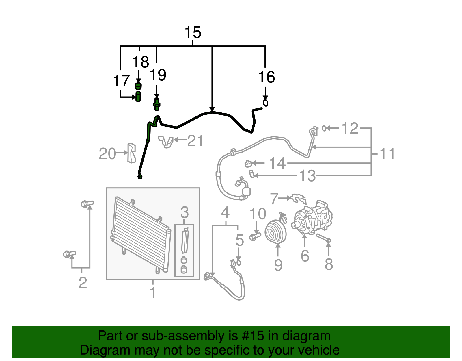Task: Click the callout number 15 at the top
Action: [193, 32]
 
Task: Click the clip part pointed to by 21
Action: [166, 141]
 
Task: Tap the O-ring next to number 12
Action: [324, 128]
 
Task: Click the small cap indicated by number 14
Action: [248, 164]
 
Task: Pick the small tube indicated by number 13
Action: [252, 174]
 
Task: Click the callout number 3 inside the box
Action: [184, 212]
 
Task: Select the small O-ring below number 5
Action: [239, 262]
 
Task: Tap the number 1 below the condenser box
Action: [153, 292]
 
